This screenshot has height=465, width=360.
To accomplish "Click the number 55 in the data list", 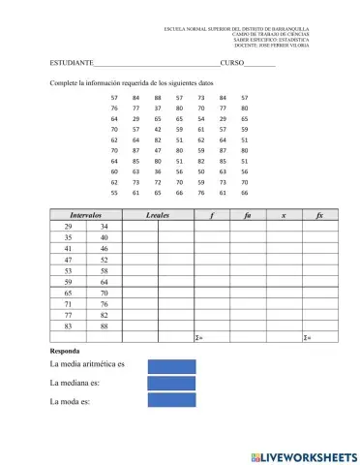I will tap(114, 193).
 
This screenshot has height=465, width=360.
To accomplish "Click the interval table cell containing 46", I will tap(104, 249).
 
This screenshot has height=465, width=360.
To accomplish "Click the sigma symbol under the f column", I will tap(197, 337).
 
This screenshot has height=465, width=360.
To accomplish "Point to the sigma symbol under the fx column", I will tap(307, 337).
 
